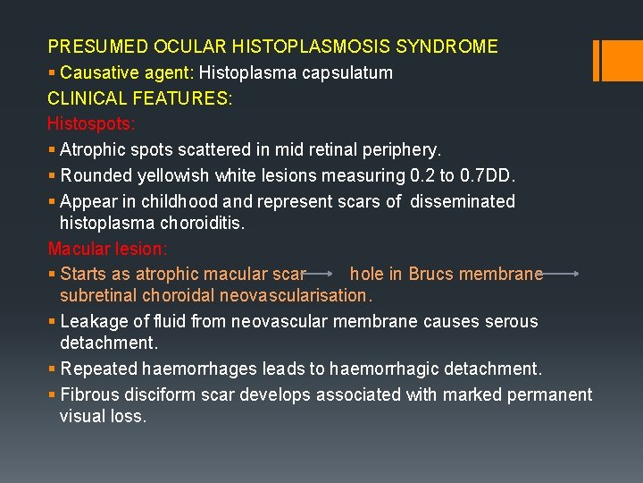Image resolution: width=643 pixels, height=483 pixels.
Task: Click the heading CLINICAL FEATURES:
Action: [x=140, y=98]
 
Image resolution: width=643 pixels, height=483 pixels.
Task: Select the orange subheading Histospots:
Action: [x=90, y=123]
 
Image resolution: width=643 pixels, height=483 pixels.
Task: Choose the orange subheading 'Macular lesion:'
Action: [x=107, y=248]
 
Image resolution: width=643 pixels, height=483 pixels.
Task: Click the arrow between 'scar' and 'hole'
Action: [x=327, y=274]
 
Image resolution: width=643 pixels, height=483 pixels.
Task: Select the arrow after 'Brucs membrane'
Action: [x=563, y=274]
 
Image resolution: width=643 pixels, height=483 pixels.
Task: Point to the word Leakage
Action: [x=92, y=321]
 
